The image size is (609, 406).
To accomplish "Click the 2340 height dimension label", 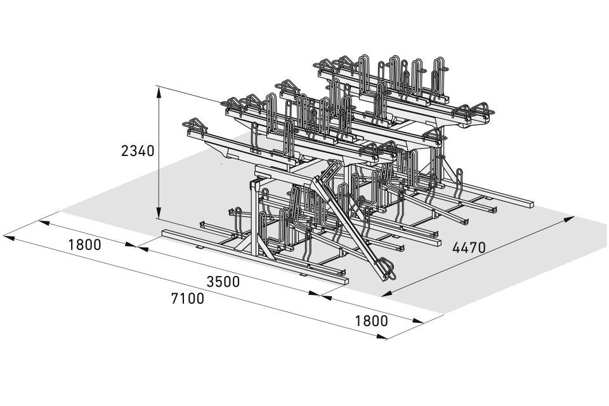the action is point(138,151).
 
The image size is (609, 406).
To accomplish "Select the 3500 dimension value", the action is point(223,282).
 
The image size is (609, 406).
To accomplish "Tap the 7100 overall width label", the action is point(188,298).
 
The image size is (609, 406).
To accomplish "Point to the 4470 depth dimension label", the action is point(469,247).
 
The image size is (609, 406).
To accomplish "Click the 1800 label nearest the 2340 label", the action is point(84,245).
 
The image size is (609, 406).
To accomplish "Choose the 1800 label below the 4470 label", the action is point(371,321).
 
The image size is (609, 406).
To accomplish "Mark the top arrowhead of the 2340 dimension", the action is point(159,92).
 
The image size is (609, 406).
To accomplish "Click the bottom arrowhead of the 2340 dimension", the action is point(159,213).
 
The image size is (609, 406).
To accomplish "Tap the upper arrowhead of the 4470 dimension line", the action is point(569,219).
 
